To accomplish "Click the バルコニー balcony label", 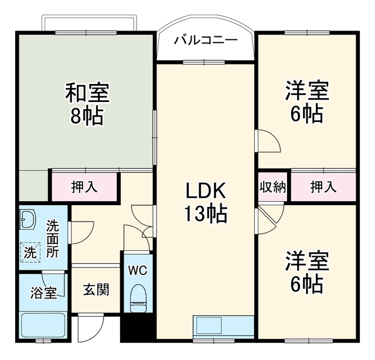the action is pos(206,40).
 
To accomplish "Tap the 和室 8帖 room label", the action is pos(87,104).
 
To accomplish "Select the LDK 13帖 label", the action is pos(206,202).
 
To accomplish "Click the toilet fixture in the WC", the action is pos(138,298).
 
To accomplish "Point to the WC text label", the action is pos(138,270).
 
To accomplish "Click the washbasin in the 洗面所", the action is pos(28,219).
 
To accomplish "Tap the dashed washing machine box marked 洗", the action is pos(30,253).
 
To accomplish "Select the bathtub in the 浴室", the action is pos(43,325).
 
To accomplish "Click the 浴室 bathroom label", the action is pos(43,293).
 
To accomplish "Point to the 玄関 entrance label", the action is pos(96,290).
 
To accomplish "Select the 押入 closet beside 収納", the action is pos(323,187).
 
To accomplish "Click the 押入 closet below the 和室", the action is pos(84,186).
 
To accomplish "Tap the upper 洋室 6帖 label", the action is pos(307,102).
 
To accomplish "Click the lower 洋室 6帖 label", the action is pos(307,271).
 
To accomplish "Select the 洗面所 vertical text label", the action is pos(53,239).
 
